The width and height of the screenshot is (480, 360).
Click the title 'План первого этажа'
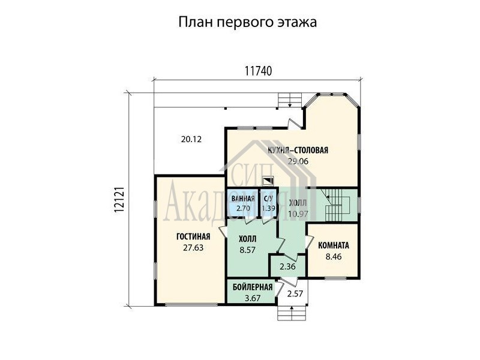coord(247,22)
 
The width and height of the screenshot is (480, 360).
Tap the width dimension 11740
coord(258,71)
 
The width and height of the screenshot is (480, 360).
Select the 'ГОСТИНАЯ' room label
coord(193,236)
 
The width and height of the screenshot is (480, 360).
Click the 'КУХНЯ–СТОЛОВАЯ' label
coord(298,151)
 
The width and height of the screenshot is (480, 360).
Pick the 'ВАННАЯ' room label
coord(243,199)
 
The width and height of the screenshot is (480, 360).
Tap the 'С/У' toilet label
coord(268,199)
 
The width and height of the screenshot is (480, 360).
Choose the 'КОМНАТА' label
coord(334,245)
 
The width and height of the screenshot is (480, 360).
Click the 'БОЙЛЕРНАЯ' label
coord(253,287)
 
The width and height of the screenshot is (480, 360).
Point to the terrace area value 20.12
coord(191,140)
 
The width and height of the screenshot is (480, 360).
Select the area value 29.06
coord(298,161)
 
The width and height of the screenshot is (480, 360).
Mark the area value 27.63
coord(193,248)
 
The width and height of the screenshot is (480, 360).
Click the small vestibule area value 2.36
coord(288,266)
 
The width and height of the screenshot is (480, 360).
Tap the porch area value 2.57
coord(295,294)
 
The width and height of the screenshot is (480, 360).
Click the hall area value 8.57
coord(247,250)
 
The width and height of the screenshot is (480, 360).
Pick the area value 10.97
coord(298,214)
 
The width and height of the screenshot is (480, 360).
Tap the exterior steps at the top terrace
coord(290,100)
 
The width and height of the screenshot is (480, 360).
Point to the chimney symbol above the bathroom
coord(268,181)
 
